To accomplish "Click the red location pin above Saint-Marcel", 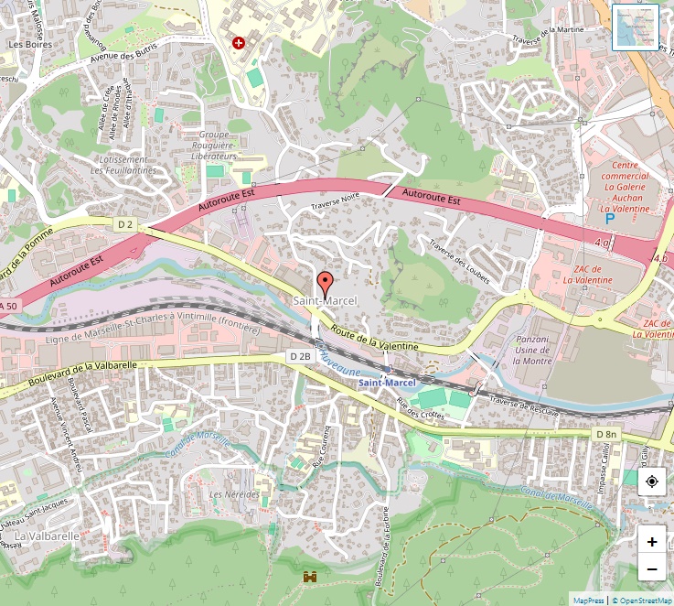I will pyautogui.click(x=324, y=282).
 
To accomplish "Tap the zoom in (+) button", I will pyautogui.click(x=651, y=541).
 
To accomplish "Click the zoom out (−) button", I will pyautogui.click(x=651, y=568).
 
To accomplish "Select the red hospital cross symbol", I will pyautogui.click(x=239, y=43).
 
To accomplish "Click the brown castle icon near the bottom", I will pyautogui.click(x=310, y=577).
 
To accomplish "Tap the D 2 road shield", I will pyautogui.click(x=125, y=224).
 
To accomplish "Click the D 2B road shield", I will pyautogui.click(x=299, y=355).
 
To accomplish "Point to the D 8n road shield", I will pyautogui.click(x=605, y=433).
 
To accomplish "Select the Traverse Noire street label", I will pyautogui.click(x=337, y=200).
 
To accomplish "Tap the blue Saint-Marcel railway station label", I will pyautogui.click(x=387, y=382).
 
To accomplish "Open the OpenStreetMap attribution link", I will pyautogui.click(x=642, y=601).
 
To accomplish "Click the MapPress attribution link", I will pyautogui.click(x=588, y=601).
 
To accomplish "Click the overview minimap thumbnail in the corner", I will pyautogui.click(x=636, y=28).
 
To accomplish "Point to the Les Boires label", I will pyautogui.click(x=28, y=43).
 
